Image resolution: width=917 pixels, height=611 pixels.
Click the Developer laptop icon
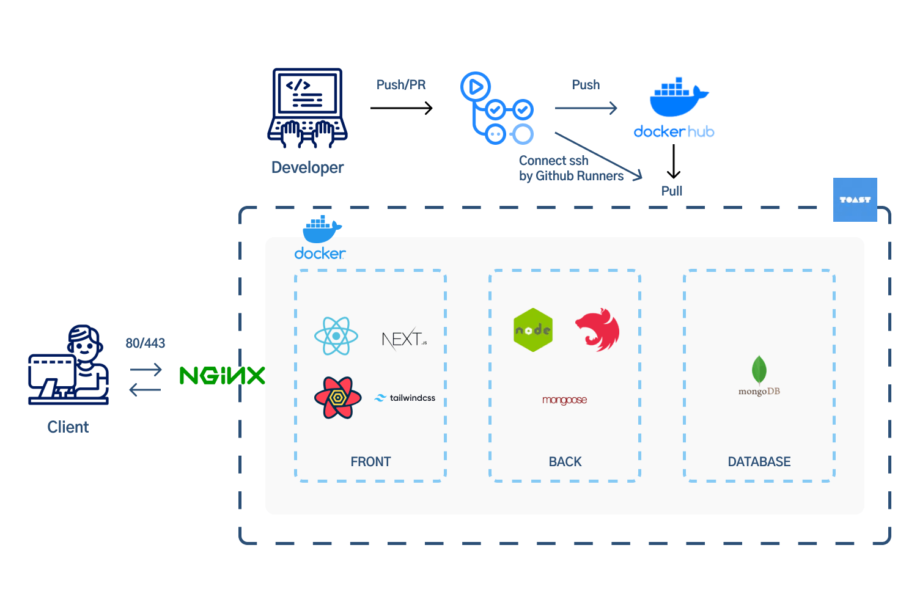click(308, 108)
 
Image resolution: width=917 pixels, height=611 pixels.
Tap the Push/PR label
click(401, 85)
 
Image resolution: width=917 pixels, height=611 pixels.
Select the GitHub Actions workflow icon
click(496, 108)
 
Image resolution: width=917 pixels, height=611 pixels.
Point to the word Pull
click(671, 191)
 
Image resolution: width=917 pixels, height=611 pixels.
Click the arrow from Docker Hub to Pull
click(673, 161)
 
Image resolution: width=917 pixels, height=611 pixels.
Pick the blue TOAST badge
click(855, 200)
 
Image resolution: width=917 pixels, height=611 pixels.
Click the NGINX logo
click(223, 375)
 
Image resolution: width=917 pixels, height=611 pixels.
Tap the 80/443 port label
click(145, 343)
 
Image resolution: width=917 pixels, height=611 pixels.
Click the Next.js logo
click(404, 338)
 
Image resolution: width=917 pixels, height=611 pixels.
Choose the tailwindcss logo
click(405, 398)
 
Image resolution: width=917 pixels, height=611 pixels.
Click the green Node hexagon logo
click(533, 330)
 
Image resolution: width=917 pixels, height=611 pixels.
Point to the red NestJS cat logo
click(598, 330)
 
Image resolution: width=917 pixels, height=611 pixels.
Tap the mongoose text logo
click(564, 400)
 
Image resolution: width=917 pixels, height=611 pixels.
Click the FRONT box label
click(370, 462)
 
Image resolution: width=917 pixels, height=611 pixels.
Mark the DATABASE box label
click(759, 462)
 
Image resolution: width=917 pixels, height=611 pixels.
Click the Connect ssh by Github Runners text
click(571, 168)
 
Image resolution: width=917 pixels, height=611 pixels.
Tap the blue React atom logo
click(336, 336)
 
